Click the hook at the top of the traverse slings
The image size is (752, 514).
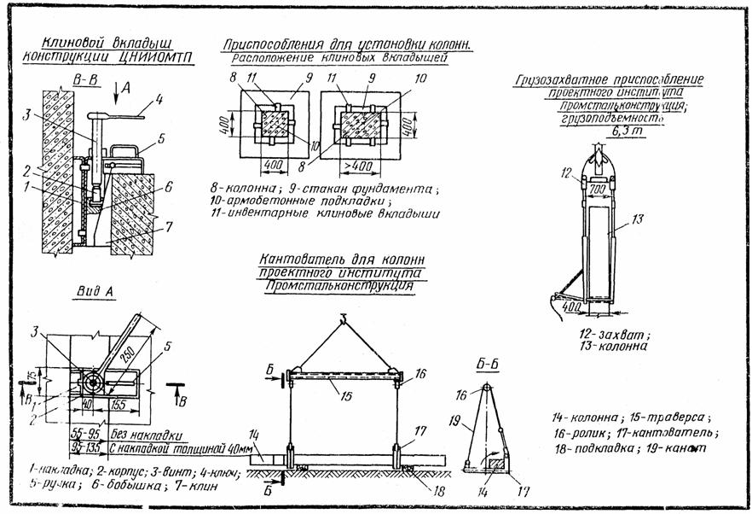coord(343,320)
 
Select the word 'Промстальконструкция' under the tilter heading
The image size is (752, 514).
coord(339,288)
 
